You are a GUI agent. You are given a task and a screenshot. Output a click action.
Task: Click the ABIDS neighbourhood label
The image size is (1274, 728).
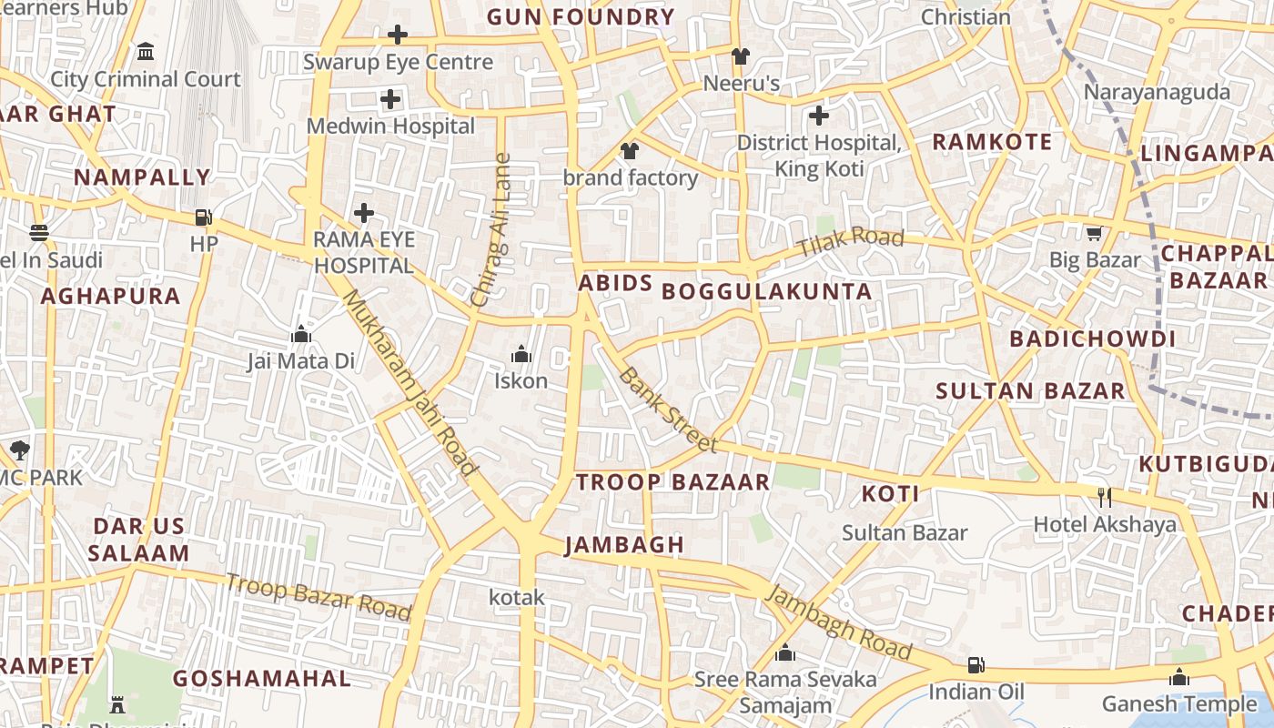(x=616, y=283)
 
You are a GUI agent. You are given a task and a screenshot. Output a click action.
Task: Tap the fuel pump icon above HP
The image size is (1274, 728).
(x=204, y=217)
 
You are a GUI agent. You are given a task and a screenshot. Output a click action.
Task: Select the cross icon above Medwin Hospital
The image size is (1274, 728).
(x=390, y=99)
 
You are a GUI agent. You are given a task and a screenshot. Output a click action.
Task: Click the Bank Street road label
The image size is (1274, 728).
(x=667, y=409)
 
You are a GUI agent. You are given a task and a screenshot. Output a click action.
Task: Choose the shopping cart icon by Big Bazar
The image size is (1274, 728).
(x=1094, y=234)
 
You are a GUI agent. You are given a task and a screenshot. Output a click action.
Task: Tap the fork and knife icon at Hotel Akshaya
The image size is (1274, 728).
(x=1105, y=498)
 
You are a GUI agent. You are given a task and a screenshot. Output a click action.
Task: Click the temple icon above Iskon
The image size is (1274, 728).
(x=521, y=354)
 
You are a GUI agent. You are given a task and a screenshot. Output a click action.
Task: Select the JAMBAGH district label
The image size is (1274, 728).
(x=624, y=545)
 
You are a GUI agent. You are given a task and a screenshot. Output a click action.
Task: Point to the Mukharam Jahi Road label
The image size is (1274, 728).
(x=410, y=383)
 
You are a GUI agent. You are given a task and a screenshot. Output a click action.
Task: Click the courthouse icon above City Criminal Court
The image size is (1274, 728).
(x=146, y=52)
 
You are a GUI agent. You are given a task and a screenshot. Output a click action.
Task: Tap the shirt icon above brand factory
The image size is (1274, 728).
(x=629, y=151)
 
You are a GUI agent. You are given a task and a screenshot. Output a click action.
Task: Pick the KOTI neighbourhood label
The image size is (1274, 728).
(x=890, y=494)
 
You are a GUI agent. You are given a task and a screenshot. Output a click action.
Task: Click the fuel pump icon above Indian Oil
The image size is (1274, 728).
(x=976, y=665)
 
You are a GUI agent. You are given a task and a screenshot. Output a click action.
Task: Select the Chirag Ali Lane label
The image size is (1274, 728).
(x=491, y=230)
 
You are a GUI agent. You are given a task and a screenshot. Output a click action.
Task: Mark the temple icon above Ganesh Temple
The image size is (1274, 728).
(x=1179, y=678)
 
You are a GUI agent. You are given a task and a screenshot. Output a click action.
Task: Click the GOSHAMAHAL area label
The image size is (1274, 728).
(x=262, y=679)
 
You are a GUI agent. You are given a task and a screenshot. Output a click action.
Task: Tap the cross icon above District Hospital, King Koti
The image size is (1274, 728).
(x=819, y=116)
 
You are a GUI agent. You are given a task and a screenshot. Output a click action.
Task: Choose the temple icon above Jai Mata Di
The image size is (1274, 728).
(x=301, y=335)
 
